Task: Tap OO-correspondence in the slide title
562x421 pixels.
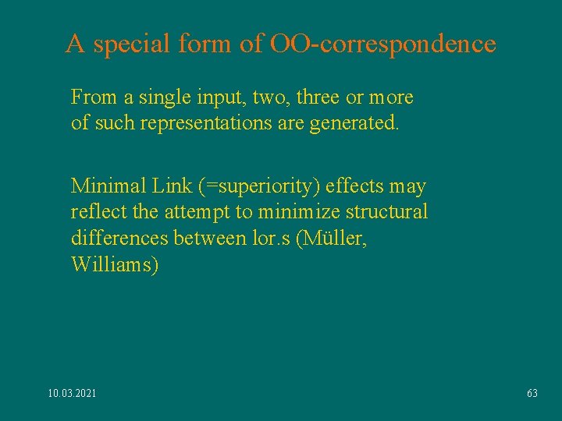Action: click(x=382, y=44)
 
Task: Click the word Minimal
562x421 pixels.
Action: click(x=101, y=186)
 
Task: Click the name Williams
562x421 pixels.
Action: click(x=115, y=264)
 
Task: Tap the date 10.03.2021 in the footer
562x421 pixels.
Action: click(x=73, y=394)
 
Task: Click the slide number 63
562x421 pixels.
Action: click(x=532, y=394)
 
